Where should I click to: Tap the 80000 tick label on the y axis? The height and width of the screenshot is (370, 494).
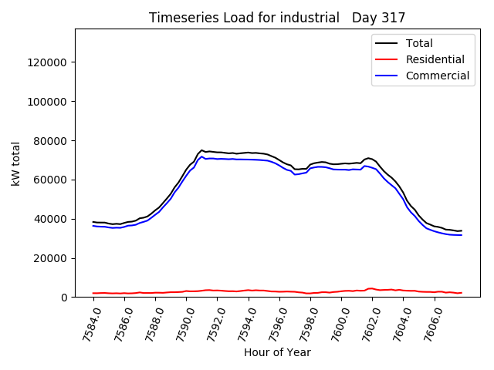coord(49,141)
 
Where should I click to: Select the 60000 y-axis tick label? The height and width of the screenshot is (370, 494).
coord(49,180)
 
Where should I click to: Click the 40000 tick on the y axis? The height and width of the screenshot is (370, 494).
coord(49,219)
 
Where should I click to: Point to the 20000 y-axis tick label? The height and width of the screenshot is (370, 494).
coord(49,258)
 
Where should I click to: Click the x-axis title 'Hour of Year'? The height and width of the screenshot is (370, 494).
coord(277,352)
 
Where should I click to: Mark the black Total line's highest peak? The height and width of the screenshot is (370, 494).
coord(201,150)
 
